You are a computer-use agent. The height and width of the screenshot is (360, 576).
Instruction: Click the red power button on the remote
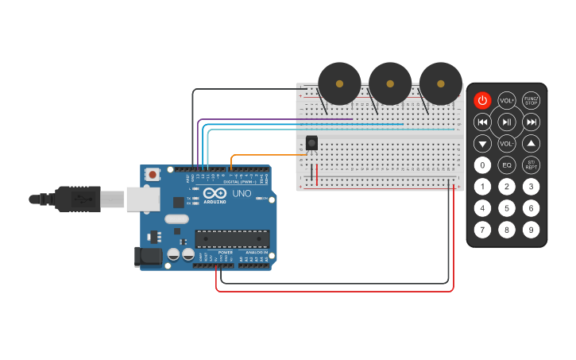(x=482, y=100)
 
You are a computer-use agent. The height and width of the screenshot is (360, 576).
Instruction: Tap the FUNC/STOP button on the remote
(x=531, y=100)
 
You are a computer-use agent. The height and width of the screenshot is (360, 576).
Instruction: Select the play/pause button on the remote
(x=507, y=122)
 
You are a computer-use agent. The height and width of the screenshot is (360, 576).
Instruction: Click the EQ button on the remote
(x=507, y=165)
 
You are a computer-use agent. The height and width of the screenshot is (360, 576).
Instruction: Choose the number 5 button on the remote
(x=507, y=208)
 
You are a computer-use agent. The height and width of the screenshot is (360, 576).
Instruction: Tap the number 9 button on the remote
(x=531, y=230)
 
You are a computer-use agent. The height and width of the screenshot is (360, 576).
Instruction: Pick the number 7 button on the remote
(x=482, y=230)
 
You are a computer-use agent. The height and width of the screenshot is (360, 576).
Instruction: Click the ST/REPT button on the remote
(x=531, y=165)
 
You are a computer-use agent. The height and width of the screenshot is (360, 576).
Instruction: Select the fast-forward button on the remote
(x=531, y=122)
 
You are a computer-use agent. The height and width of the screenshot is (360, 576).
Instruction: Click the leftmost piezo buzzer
(x=339, y=83)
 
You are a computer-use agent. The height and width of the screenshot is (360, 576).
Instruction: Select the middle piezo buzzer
(x=390, y=83)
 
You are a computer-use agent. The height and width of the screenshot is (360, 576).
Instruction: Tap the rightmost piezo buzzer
(x=441, y=83)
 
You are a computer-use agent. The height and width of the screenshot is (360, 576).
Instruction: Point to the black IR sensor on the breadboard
(x=311, y=143)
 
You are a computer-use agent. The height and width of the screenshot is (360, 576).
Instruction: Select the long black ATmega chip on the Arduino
(x=232, y=238)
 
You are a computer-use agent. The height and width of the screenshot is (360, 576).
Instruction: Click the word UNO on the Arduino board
(x=242, y=193)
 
